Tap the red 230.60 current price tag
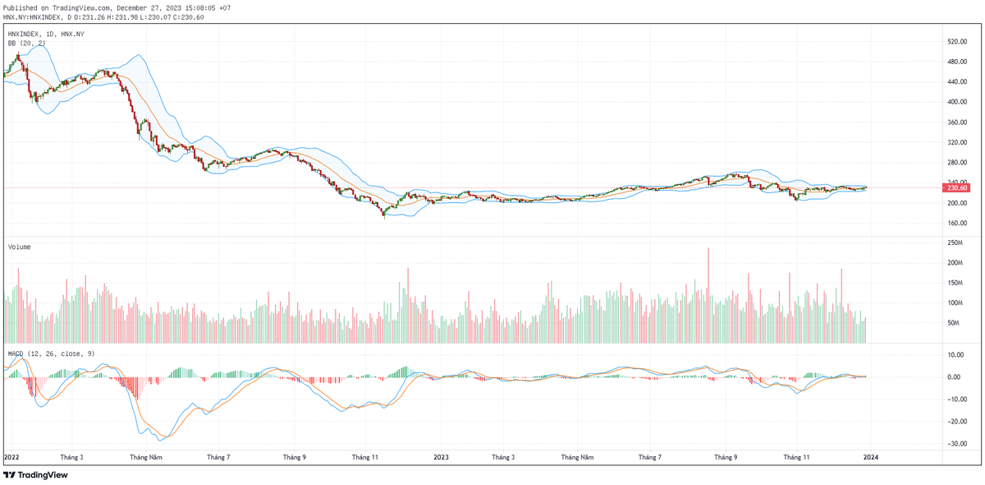[x=957, y=188]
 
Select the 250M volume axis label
[x=955, y=242]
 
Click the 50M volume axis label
[x=953, y=323]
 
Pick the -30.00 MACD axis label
[x=955, y=444]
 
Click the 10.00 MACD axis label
[x=955, y=355]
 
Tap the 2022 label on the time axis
[x=12, y=456]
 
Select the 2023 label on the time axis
[x=441, y=456]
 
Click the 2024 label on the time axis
[x=871, y=456]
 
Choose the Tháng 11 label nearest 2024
[x=796, y=456]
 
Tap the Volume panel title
[x=20, y=247]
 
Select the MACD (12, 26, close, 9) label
[x=51, y=353]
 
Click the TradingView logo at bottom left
[x=36, y=474]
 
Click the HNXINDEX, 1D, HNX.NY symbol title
[x=46, y=34]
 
